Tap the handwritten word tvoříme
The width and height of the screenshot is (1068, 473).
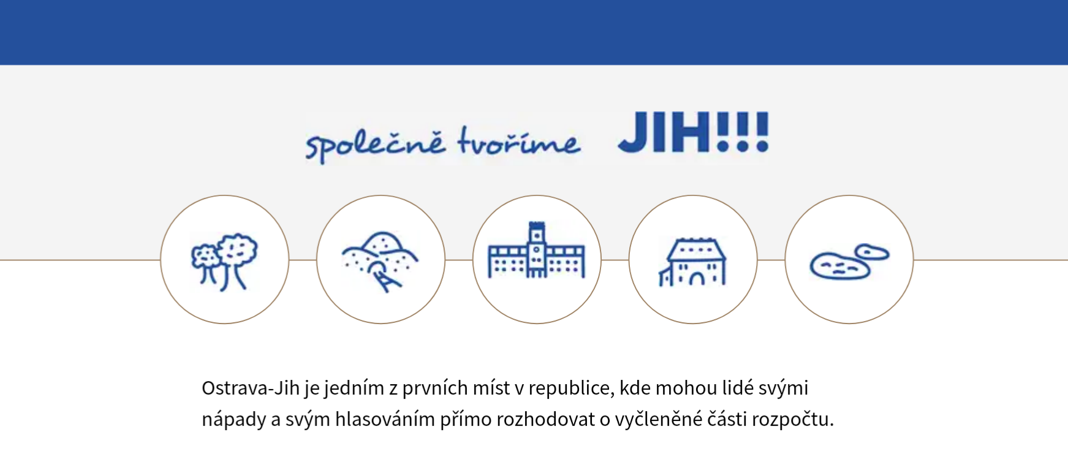coord(518,142)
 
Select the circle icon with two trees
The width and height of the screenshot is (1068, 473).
coord(224,259)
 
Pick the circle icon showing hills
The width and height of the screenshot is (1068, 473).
coord(381,259)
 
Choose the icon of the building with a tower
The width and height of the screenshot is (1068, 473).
coord(537,259)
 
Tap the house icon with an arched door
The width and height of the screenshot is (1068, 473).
coord(693,259)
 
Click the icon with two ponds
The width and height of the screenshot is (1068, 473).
coord(849,259)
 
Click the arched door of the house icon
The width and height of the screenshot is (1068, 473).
coord(697,278)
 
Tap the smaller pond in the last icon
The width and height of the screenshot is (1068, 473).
coord(872,252)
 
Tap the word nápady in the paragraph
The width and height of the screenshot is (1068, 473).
coord(234,420)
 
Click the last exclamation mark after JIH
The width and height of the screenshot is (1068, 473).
coord(762,132)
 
